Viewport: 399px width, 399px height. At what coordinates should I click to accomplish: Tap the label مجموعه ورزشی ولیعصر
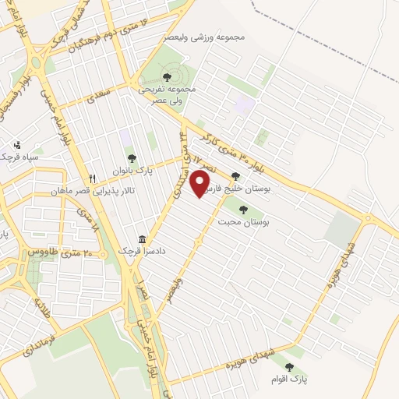tap(205, 37)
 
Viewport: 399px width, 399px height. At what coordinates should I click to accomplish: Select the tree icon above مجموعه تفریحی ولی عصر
tap(167, 77)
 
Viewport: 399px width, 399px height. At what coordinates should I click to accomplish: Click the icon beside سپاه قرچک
tap(17, 144)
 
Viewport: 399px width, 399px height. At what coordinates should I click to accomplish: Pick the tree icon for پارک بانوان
tap(131, 159)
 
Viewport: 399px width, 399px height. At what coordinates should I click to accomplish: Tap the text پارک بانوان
tap(131, 170)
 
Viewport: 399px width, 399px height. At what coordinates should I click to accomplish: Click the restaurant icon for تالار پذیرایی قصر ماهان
tap(93, 178)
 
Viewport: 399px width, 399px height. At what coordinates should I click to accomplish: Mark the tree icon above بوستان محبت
tap(244, 209)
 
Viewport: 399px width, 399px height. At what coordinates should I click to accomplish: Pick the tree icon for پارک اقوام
tap(289, 367)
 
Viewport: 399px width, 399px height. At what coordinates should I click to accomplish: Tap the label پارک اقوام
tap(289, 380)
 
